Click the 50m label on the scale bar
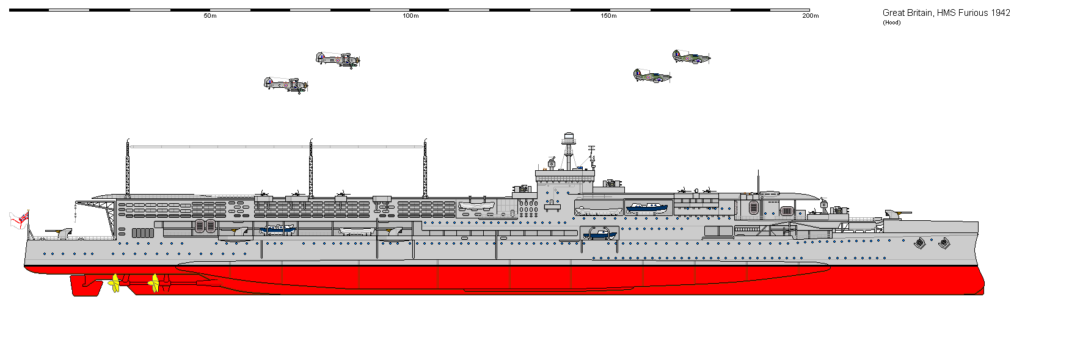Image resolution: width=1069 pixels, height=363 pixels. point(210,16)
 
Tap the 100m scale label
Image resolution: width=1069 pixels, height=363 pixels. point(410,16)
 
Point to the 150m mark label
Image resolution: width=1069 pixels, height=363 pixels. point(609,16)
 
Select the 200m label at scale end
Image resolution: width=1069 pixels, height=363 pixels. point(810,16)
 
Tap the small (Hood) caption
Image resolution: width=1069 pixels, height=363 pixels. point(891,23)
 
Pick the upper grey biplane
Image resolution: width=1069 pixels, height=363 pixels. point(337,59)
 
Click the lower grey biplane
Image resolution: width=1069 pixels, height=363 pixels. point(285,84)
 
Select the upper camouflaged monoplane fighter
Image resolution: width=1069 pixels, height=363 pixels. point(691,57)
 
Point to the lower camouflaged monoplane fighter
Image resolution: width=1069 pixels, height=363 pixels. point(652,76)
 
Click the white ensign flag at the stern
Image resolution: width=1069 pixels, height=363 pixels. point(19,220)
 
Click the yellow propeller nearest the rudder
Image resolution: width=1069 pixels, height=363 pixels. point(114,283)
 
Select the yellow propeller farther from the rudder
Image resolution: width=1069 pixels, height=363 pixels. point(155,282)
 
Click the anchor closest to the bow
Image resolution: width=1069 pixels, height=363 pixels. point(944,243)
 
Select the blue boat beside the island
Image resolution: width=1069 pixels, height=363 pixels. point(647,207)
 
